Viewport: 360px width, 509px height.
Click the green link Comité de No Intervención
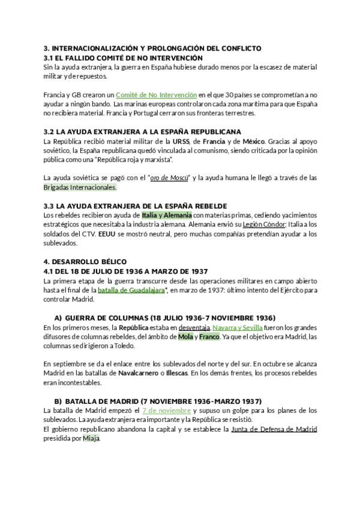(156, 95)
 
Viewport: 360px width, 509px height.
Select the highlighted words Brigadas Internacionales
(80, 187)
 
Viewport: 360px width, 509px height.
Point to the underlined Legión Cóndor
(254, 224)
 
